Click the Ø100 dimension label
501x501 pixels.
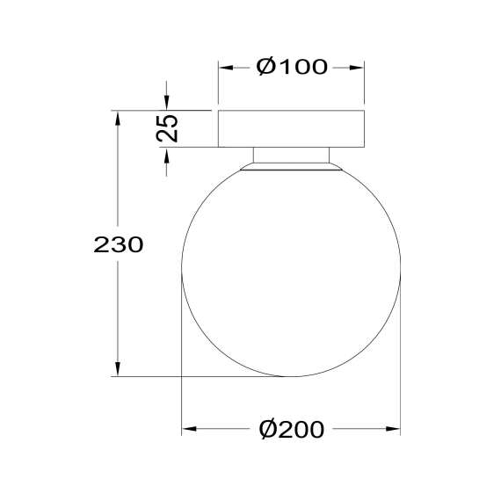pos(292,67)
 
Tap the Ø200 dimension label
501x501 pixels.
pos(292,429)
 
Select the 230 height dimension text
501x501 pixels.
pos(119,245)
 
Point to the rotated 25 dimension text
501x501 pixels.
pos(167,128)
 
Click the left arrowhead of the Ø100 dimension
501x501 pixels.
pos(226,68)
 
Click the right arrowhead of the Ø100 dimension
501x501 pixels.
pos(357,68)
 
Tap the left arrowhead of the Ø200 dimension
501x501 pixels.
pos(189,429)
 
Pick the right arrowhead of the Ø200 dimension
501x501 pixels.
pos(393,429)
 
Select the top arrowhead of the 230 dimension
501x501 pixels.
pos(118,118)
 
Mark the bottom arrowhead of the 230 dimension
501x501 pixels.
pos(118,369)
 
